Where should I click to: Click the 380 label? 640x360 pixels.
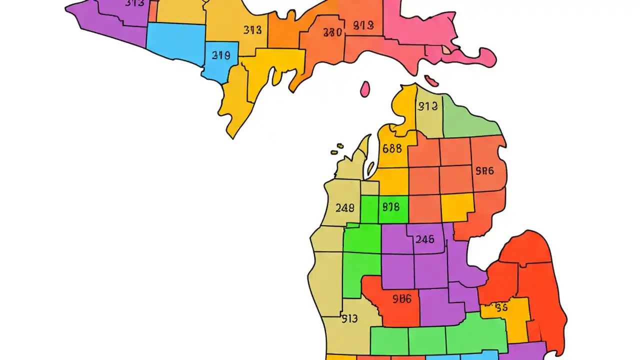(x=332, y=32)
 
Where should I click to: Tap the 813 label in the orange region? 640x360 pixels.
(x=363, y=25)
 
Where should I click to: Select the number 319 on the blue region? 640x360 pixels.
(x=221, y=55)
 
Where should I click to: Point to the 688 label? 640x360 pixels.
(x=392, y=148)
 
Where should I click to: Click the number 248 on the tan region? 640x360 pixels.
(x=345, y=207)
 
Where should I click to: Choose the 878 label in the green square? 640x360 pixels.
(x=391, y=206)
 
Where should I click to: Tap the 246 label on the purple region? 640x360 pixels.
(x=424, y=239)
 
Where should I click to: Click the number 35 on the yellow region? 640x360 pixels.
(x=501, y=307)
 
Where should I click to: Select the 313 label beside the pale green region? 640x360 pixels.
(x=428, y=106)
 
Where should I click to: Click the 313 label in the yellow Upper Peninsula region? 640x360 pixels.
(x=252, y=30)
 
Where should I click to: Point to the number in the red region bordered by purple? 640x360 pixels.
(x=401, y=299)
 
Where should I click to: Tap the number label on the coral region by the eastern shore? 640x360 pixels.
(x=484, y=171)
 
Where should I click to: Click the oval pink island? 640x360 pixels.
(x=365, y=89)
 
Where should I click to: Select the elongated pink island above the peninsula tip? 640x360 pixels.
(x=431, y=80)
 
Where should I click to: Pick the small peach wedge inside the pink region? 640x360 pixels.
(x=445, y=50)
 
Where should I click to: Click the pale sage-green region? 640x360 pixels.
(x=470, y=120)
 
